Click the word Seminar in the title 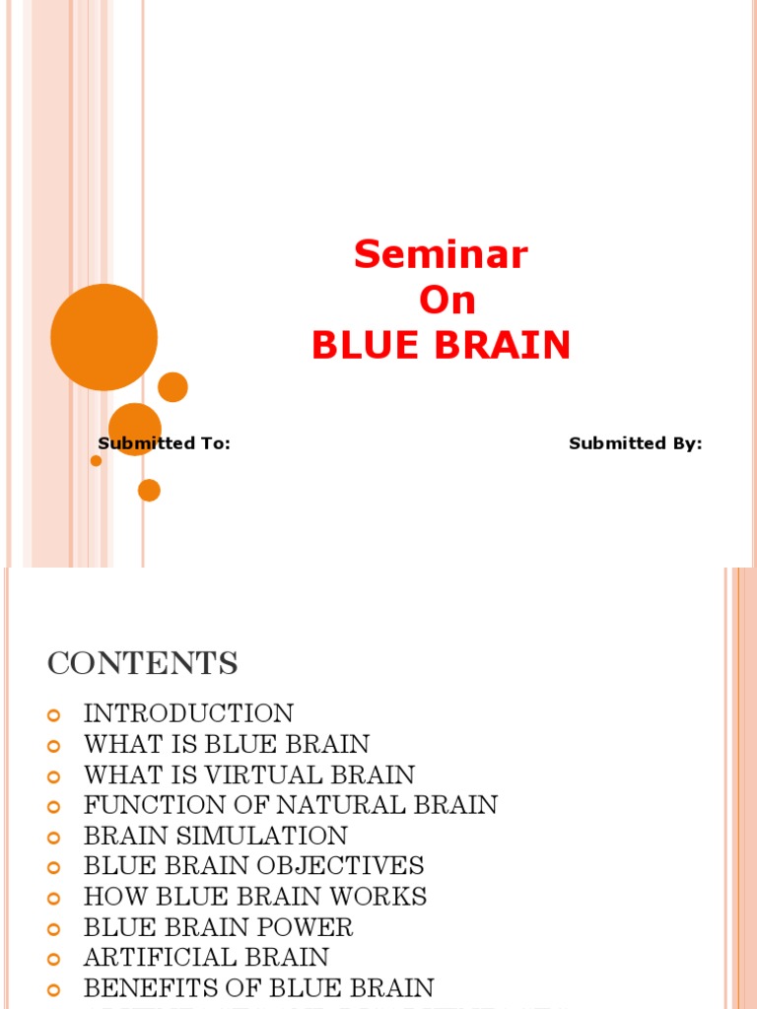point(441,255)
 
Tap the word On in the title point(447,302)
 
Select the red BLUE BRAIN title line point(441,346)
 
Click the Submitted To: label point(164,443)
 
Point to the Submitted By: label point(635,443)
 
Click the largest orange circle point(103,337)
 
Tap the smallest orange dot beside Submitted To point(96,460)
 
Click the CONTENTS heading point(142,664)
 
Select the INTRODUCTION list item point(188,713)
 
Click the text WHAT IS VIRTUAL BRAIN point(249,774)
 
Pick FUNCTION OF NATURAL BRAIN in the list point(291,805)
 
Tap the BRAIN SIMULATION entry point(216,836)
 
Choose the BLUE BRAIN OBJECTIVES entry point(254,866)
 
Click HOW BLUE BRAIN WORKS point(255,897)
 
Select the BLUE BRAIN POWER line point(218,927)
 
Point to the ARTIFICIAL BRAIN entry point(206,958)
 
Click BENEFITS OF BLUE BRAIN point(258,988)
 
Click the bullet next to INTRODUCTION point(55,714)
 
